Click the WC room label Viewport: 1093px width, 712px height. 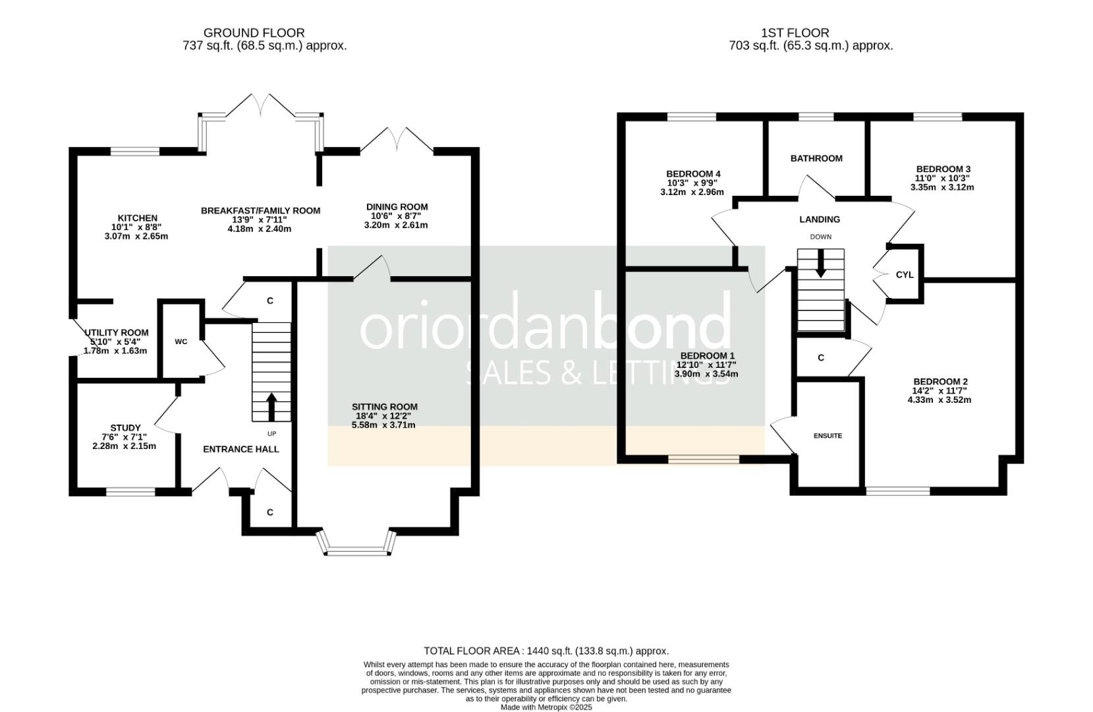click(181, 342)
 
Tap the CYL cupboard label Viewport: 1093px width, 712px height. click(905, 275)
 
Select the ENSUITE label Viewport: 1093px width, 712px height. click(828, 436)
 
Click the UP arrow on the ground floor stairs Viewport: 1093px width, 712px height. click(272, 407)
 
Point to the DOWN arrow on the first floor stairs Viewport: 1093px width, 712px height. click(821, 263)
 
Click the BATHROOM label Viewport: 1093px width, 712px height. click(816, 158)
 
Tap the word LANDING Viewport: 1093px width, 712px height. click(820, 220)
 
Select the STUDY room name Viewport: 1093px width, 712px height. click(125, 428)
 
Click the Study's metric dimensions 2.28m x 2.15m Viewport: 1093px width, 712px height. click(125, 446)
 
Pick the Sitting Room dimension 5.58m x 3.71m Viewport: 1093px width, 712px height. click(383, 425)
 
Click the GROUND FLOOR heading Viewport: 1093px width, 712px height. click(254, 33)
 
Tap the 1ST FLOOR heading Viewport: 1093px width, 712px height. click(795, 33)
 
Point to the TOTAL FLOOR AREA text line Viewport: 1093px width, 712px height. click(547, 651)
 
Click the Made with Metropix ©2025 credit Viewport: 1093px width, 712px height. click(547, 707)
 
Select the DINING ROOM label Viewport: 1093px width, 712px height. click(397, 207)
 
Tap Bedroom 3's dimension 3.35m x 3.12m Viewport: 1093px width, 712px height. click(942, 187)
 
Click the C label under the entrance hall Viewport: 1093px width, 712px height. click(270, 512)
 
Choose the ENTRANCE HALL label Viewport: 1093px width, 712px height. click(241, 449)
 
